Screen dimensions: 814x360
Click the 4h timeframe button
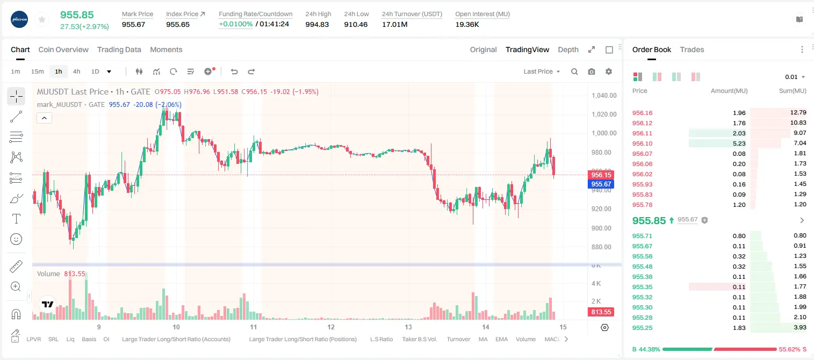(76, 71)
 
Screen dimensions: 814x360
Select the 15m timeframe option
(37, 71)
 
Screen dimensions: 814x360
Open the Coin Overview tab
(63, 49)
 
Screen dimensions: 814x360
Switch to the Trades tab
(692, 49)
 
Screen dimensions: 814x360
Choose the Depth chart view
(568, 49)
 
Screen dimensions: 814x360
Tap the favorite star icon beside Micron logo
(42, 19)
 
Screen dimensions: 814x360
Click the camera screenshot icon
(592, 71)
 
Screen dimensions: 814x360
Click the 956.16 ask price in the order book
(642, 113)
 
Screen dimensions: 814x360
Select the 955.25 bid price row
(642, 328)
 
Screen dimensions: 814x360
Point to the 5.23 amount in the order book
(739, 143)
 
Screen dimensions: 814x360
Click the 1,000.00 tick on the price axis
(604, 133)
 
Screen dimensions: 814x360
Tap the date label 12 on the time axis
(330, 327)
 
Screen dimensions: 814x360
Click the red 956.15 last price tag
(601, 175)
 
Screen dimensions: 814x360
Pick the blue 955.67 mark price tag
(601, 184)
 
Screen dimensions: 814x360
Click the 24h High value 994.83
(317, 24)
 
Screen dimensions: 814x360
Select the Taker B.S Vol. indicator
(419, 339)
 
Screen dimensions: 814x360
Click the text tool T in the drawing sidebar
(16, 219)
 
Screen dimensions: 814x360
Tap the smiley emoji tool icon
(16, 239)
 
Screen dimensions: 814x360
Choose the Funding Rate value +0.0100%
(235, 24)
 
